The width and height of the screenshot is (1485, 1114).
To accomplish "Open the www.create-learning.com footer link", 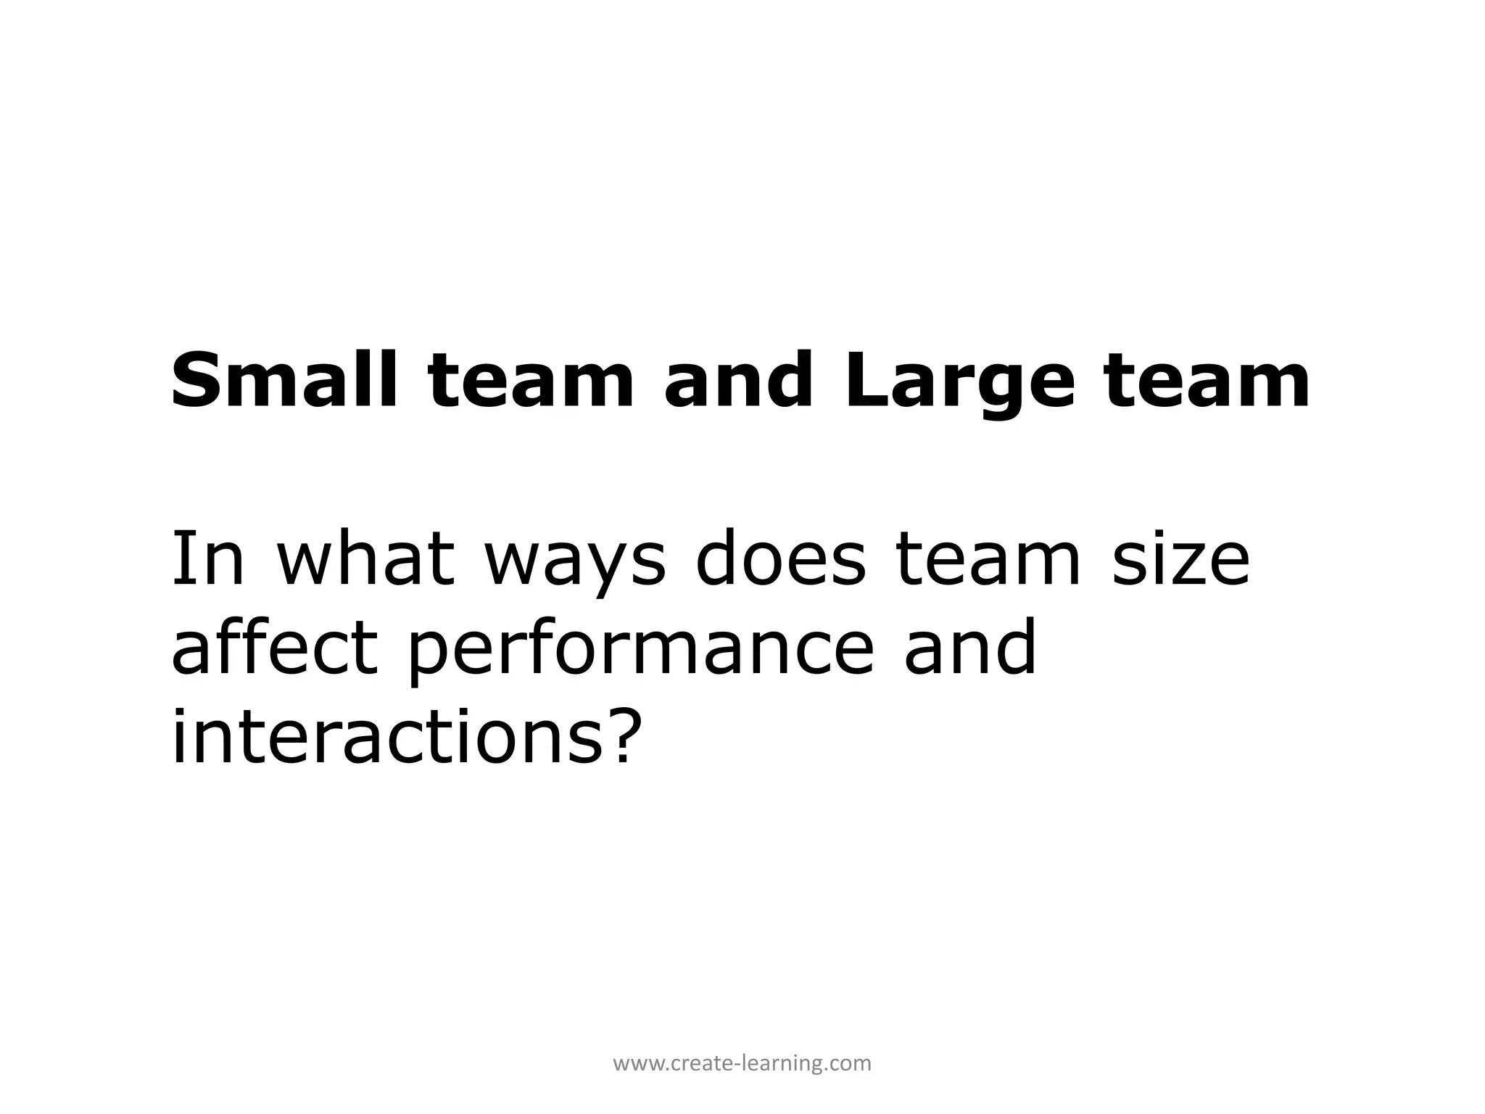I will [x=742, y=1064].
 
